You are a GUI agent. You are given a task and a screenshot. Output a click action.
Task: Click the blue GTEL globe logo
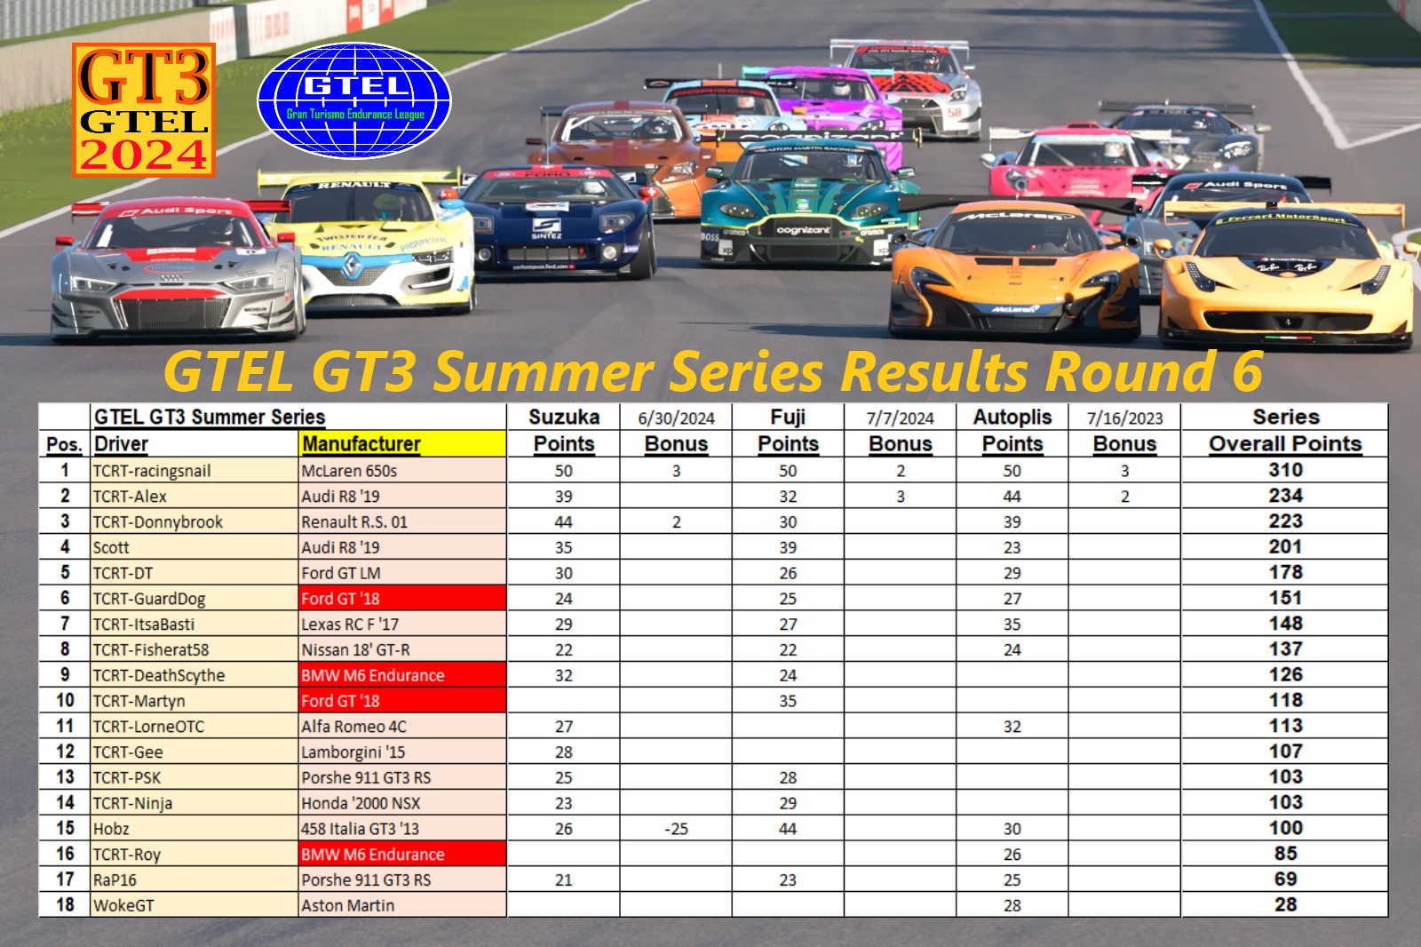pos(354,101)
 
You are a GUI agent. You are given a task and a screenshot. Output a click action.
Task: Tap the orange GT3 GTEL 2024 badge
pos(144,110)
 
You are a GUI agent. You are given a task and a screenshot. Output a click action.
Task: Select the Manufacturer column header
pos(361,443)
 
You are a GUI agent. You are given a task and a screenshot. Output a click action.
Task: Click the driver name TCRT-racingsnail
pos(152,471)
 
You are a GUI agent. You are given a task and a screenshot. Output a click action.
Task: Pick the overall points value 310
pos(1285,470)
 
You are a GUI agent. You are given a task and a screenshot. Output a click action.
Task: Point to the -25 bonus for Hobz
pos(676,829)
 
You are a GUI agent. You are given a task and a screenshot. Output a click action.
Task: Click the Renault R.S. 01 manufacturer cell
pos(354,521)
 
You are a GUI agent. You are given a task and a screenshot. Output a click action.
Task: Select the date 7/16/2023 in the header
pos(1124,418)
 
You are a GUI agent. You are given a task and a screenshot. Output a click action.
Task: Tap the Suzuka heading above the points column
pos(563,417)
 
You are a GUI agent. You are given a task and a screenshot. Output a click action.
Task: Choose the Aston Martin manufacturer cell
pos(347,905)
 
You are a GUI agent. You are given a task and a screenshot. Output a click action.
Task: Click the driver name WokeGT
pos(123,905)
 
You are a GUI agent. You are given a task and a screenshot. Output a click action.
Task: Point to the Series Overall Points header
pos(1285,431)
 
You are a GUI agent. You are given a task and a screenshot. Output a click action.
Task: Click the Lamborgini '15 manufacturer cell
pos(353,752)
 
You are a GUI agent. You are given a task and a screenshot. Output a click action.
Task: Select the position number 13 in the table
pos(65,777)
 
